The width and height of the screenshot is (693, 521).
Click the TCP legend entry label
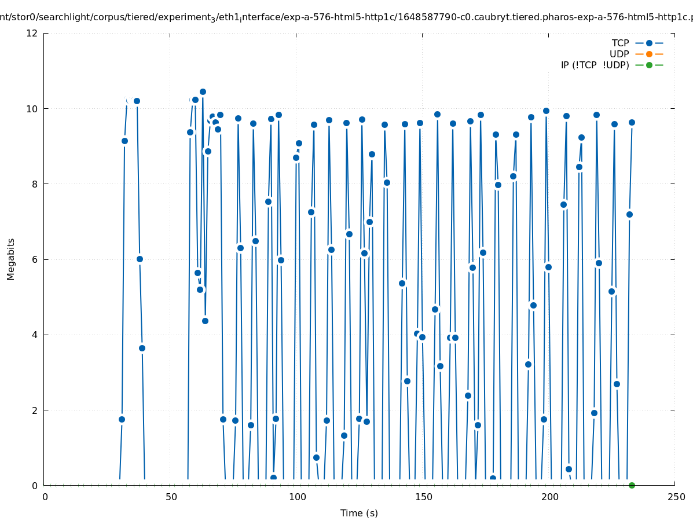620,43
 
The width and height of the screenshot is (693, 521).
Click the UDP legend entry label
619,54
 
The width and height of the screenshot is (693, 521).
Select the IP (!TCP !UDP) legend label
595,65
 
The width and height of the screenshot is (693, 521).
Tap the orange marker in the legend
649,54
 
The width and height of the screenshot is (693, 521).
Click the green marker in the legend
649,65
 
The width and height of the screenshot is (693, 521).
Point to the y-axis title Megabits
11,259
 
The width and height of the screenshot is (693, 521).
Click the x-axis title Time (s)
359,513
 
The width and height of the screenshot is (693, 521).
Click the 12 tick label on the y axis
32,34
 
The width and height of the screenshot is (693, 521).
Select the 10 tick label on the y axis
32,109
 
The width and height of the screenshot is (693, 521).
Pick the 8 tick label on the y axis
35,184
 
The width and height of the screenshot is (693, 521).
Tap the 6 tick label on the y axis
35,259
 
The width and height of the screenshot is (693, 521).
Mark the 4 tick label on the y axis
35,335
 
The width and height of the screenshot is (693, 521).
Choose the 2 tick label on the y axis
35,410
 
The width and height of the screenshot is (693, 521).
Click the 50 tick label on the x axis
171,497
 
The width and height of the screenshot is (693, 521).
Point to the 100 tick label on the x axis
297,497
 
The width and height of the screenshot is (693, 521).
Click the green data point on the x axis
632,485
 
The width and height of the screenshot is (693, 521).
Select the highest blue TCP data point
203,91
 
